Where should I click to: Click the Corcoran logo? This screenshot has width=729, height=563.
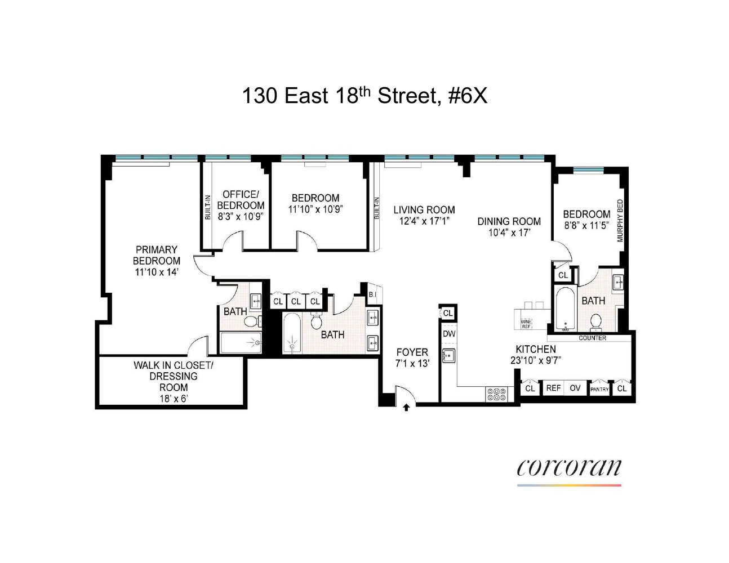pos(569,469)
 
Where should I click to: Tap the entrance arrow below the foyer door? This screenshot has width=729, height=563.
pos(406,408)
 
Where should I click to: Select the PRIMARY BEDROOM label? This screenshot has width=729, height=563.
pos(157,255)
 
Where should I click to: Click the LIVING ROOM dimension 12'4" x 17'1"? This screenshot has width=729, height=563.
pos(424,221)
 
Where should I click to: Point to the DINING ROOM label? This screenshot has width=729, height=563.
pos(509,221)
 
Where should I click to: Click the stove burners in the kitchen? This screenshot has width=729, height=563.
pos(496,394)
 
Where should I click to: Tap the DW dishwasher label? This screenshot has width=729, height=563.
pos(448,334)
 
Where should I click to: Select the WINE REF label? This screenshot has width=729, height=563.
pos(526,324)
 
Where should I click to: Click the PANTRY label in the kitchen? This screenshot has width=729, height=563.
pos(599,389)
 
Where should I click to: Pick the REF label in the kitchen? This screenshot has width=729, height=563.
pos(553,388)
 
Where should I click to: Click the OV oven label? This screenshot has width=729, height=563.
pos(575,388)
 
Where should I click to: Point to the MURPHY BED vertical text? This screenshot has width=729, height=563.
pos(620,221)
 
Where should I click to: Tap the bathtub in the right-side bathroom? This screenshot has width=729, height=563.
pos(563,309)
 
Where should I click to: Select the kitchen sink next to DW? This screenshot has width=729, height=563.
pos(448,356)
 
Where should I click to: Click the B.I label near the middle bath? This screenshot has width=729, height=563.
pos(372,294)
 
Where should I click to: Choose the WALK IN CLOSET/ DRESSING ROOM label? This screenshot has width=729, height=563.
pos(173,376)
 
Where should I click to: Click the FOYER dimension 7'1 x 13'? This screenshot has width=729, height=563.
pos(412,364)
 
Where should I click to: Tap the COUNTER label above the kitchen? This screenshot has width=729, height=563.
pos(592,338)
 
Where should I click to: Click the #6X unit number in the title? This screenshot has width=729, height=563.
pos(467,96)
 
